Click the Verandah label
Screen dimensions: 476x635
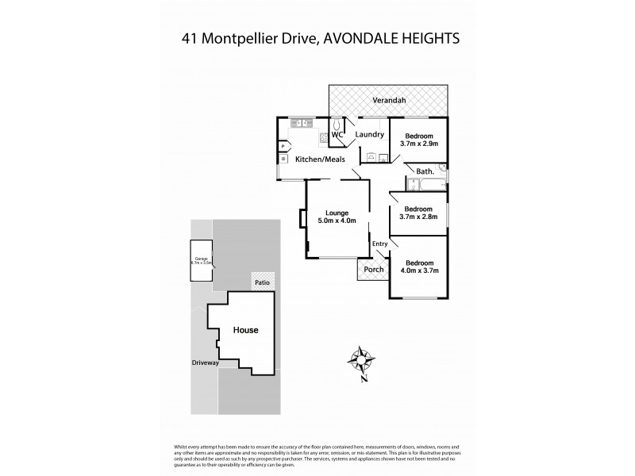(389, 100)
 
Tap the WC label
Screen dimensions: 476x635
(337, 135)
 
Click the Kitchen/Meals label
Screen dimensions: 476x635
(320, 160)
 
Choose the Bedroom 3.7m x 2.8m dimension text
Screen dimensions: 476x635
(418, 217)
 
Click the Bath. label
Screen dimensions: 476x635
(425, 171)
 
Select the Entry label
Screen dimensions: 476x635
(380, 244)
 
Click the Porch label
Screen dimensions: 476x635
(373, 270)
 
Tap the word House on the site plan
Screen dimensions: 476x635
(245, 330)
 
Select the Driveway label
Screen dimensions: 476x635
(205, 363)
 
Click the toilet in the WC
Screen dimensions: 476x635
(337, 125)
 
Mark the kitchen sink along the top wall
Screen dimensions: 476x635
(302, 122)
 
